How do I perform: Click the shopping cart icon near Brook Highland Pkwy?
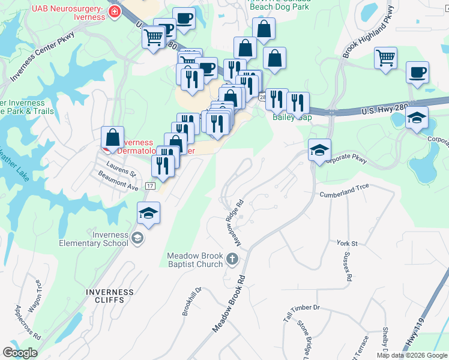click(x=385, y=59)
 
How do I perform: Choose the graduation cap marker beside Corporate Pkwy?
click(x=319, y=150)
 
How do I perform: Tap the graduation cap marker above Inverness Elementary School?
click(x=148, y=213)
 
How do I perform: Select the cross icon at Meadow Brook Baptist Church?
click(x=232, y=260)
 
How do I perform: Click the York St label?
click(x=347, y=244)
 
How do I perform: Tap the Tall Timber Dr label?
click(x=303, y=307)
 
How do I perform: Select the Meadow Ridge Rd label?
click(x=236, y=223)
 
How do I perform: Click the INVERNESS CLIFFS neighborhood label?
click(x=110, y=296)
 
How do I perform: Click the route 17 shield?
click(x=150, y=186)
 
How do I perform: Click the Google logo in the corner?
click(x=20, y=353)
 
